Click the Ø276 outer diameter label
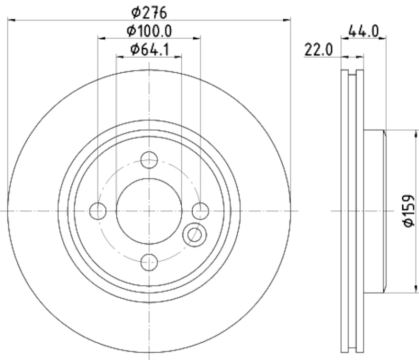click(x=149, y=11)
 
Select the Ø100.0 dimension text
click(x=149, y=30)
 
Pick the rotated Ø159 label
click(x=408, y=211)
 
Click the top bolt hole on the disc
click(x=149, y=160)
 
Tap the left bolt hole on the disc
click(x=98, y=211)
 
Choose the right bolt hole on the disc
click(x=200, y=211)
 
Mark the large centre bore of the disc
click(x=149, y=211)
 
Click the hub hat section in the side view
click(x=374, y=211)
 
